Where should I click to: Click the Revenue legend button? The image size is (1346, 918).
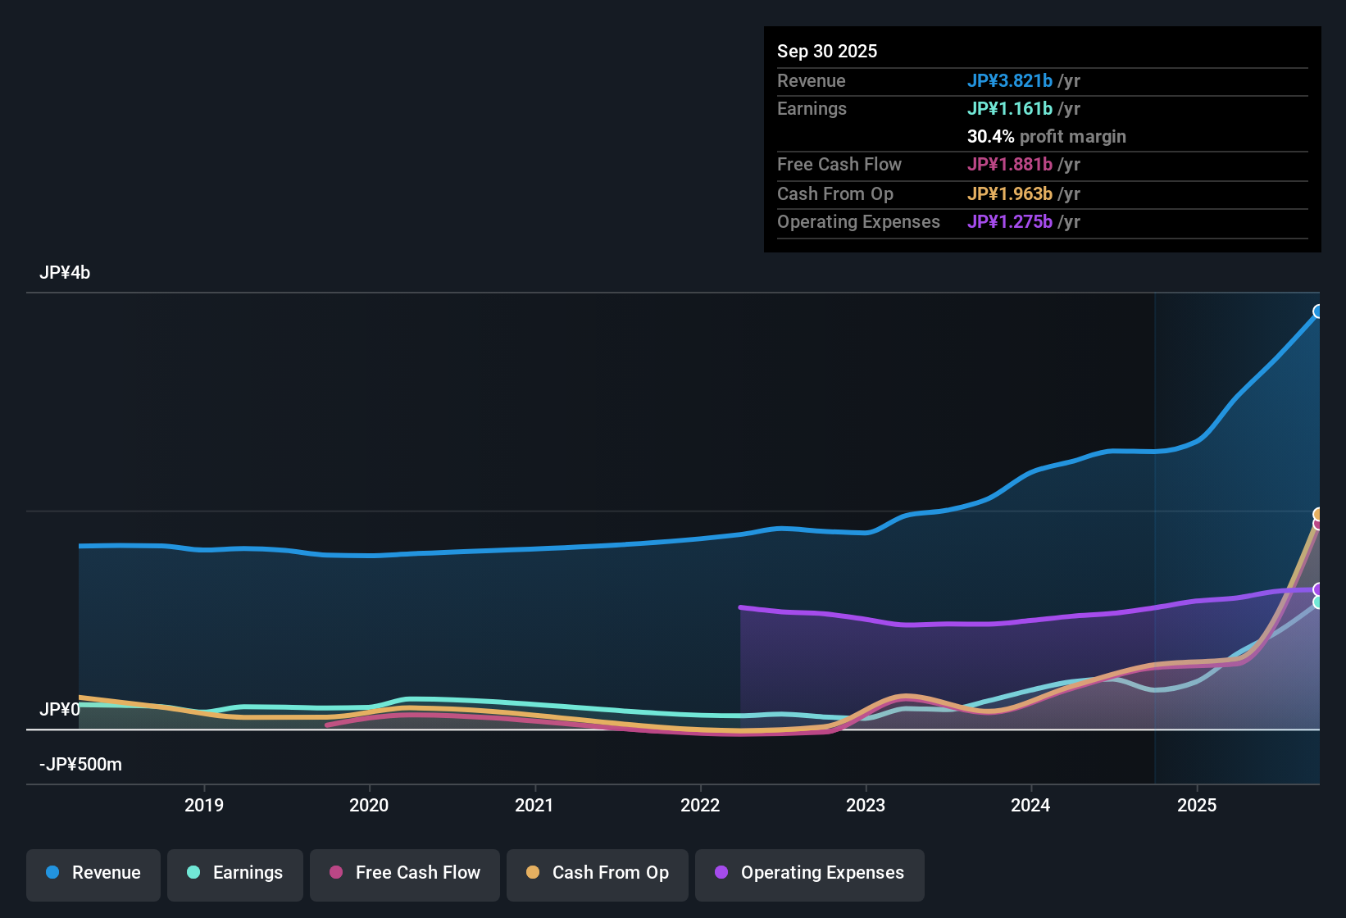93,873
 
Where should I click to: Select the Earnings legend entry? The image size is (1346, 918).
235,873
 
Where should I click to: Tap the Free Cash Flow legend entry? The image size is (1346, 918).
405,873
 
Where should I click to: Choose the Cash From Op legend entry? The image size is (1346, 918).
598,873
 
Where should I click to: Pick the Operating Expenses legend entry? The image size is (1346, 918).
810,873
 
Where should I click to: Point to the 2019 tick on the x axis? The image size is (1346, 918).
204,805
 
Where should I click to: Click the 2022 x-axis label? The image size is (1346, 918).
700,805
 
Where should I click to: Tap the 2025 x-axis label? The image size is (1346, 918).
1197,805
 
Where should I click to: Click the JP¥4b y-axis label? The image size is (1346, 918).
65,273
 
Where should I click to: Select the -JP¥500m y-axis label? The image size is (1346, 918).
80,765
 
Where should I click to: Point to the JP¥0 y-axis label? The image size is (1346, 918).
60,709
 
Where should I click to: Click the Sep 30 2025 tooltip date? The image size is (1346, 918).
827,51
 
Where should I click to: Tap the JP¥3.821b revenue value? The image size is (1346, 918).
1009,80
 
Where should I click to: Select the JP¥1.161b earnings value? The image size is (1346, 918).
1009,108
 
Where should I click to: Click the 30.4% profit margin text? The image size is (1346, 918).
1046,136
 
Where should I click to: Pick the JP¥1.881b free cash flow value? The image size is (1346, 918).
1009,164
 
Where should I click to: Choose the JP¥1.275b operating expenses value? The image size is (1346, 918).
1009,221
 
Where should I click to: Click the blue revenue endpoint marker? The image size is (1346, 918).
1318,311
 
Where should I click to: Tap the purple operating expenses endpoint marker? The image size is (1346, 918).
1318,589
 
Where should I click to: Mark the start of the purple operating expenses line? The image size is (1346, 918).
741,607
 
